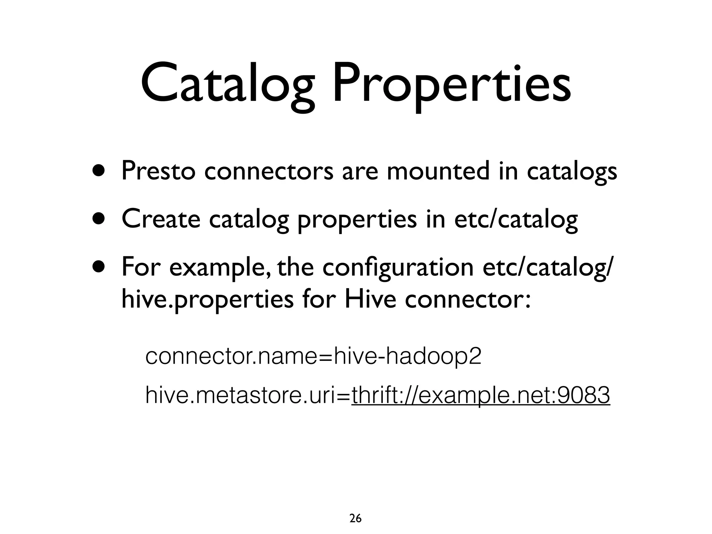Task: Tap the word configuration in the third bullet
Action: click(398, 268)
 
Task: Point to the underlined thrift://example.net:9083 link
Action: click(480, 395)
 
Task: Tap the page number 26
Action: click(355, 509)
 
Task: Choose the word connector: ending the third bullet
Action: click(468, 300)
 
